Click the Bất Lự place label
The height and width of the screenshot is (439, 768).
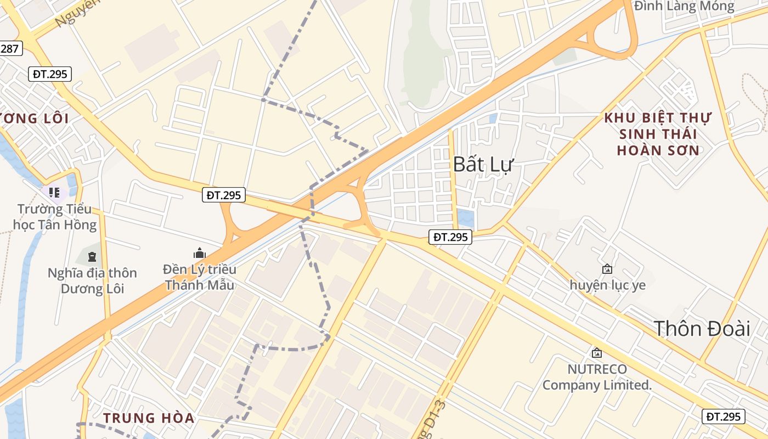click(483, 164)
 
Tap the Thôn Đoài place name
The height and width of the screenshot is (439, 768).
click(702, 329)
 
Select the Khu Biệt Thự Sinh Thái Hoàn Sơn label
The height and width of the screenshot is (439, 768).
click(658, 134)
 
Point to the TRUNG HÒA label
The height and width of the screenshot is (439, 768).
click(149, 418)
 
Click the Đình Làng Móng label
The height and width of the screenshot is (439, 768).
click(684, 7)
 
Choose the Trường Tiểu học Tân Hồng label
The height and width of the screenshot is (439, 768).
click(57, 217)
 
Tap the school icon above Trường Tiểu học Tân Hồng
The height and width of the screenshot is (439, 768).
click(54, 193)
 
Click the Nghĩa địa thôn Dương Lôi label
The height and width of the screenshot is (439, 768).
click(92, 280)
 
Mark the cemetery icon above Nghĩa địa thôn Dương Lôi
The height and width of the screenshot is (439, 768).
click(92, 256)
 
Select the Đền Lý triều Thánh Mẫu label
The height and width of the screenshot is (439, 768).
click(200, 277)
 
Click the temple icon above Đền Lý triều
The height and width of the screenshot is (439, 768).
click(199, 253)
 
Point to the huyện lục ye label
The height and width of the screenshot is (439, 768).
click(607, 285)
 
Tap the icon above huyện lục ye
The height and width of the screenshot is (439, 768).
click(607, 269)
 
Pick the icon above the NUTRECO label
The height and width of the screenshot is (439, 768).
click(596, 353)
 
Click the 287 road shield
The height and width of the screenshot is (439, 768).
click(10, 48)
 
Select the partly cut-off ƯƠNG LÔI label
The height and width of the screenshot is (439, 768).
click(34, 119)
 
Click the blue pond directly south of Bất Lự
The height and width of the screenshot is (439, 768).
click(465, 218)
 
